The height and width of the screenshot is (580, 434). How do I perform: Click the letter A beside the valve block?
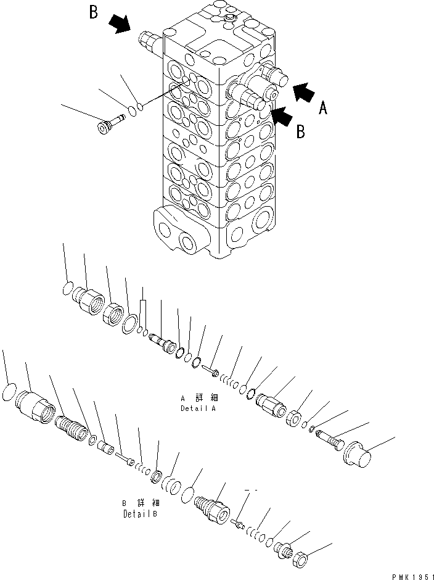point(322,109)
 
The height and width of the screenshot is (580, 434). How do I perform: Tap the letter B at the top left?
point(94,13)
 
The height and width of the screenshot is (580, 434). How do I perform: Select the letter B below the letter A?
point(301,133)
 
